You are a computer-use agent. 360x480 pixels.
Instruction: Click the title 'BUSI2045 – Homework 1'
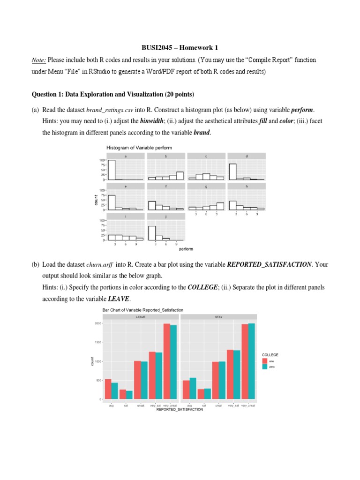(180, 48)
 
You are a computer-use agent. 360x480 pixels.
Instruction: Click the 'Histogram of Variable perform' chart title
(139, 148)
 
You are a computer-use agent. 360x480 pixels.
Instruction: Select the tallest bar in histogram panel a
(112, 170)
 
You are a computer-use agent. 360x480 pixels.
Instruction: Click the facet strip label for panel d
(247, 156)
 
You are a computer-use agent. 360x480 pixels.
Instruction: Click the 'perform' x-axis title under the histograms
(186, 249)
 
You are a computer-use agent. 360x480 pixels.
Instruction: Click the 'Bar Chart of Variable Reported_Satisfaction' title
(143, 310)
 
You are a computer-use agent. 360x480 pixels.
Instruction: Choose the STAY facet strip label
(218, 317)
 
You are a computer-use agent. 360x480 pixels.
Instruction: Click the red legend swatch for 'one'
(265, 361)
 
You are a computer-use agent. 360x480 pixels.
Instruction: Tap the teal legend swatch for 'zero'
(265, 367)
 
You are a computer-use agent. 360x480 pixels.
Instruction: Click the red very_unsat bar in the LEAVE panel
(167, 361)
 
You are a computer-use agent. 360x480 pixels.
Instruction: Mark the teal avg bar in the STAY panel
(193, 388)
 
